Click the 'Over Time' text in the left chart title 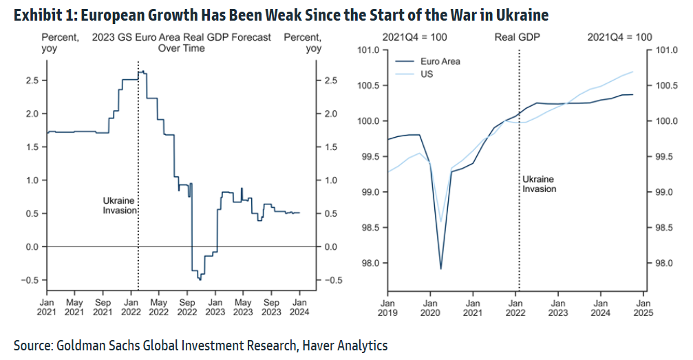point(181,48)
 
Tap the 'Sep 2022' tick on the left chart point(186,306)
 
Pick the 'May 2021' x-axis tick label point(74,306)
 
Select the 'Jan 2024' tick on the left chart point(299,306)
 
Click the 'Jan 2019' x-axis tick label point(387,306)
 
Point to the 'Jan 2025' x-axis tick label point(643,306)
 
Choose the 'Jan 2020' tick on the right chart point(430,306)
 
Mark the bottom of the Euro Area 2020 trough point(440,268)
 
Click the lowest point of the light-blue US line point(440,222)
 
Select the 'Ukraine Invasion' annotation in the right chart point(540,184)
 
